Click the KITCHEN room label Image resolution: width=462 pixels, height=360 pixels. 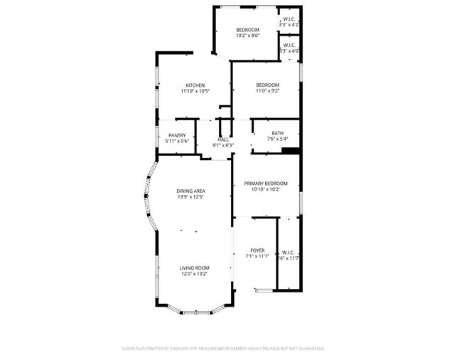(195, 85)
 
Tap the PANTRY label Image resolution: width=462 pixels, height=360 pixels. (177, 135)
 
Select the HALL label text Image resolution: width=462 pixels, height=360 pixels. (223, 139)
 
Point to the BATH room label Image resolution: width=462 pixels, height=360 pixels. (277, 133)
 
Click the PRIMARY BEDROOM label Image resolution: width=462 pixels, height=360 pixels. (267, 183)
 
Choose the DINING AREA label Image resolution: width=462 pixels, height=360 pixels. (191, 191)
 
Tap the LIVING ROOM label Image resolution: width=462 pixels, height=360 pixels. (194, 268)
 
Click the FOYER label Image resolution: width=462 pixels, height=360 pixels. (257, 250)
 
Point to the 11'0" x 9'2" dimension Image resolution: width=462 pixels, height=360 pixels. (267, 90)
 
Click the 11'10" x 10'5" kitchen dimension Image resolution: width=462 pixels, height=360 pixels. (195, 91)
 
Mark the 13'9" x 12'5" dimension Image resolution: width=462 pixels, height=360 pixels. (191, 196)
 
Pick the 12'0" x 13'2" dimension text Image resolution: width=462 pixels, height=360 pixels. (194, 273)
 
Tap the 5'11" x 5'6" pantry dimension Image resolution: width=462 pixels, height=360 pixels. (177, 141)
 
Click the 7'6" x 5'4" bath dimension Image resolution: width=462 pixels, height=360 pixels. (277, 139)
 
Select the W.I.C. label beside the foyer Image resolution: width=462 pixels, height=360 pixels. (288, 253)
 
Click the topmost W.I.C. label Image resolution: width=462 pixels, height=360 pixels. (289, 19)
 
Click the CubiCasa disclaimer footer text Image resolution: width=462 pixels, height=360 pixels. (223, 349)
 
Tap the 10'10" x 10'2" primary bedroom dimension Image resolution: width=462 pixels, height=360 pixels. (267, 189)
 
